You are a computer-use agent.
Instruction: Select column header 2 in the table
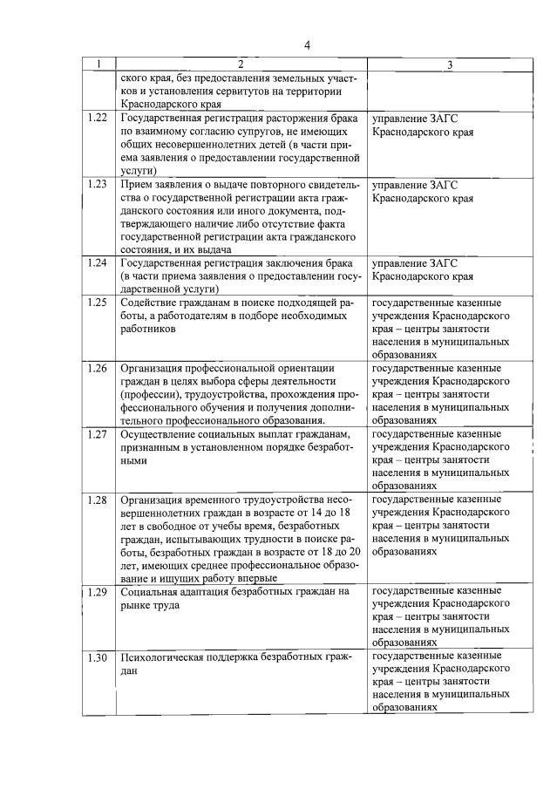point(241,65)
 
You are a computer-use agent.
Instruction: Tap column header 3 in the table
point(449,65)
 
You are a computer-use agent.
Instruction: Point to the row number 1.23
point(98,185)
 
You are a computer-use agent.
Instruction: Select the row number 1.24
point(98,263)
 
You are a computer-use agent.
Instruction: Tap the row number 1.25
point(98,303)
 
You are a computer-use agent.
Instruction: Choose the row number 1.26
point(98,368)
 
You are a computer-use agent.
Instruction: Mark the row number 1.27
point(98,434)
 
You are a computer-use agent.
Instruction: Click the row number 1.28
point(98,500)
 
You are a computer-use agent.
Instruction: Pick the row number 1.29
point(98,593)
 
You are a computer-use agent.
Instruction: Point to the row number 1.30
point(98,658)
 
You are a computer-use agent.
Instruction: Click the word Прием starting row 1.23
point(137,185)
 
